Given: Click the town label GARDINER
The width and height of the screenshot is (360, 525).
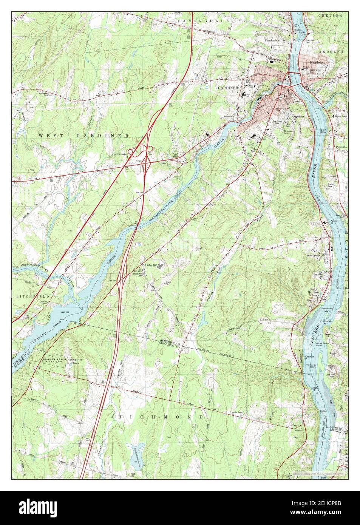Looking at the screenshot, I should tap(228, 88).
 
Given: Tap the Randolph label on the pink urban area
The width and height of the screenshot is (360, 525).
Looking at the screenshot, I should tap(317, 62).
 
